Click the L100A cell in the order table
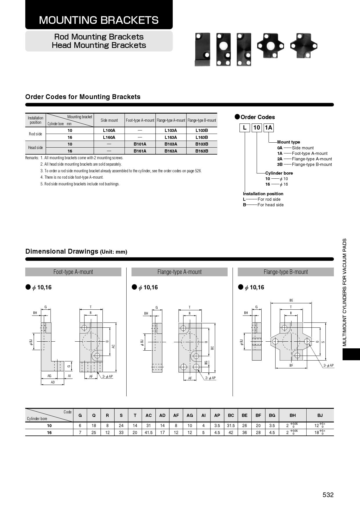109,130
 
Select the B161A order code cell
140,151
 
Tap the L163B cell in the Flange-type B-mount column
202,137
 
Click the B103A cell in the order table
171,144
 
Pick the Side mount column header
109,120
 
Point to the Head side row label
35,148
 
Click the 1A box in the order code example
269,128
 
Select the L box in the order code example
244,128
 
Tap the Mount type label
289,142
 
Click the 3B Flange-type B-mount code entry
305,164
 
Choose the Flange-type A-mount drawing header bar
179,272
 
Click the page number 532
328,495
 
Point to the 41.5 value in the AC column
148,433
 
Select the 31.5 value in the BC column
231,426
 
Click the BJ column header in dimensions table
320,415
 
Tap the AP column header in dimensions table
217,415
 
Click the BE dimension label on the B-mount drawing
291,300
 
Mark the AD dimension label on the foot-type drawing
53,382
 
